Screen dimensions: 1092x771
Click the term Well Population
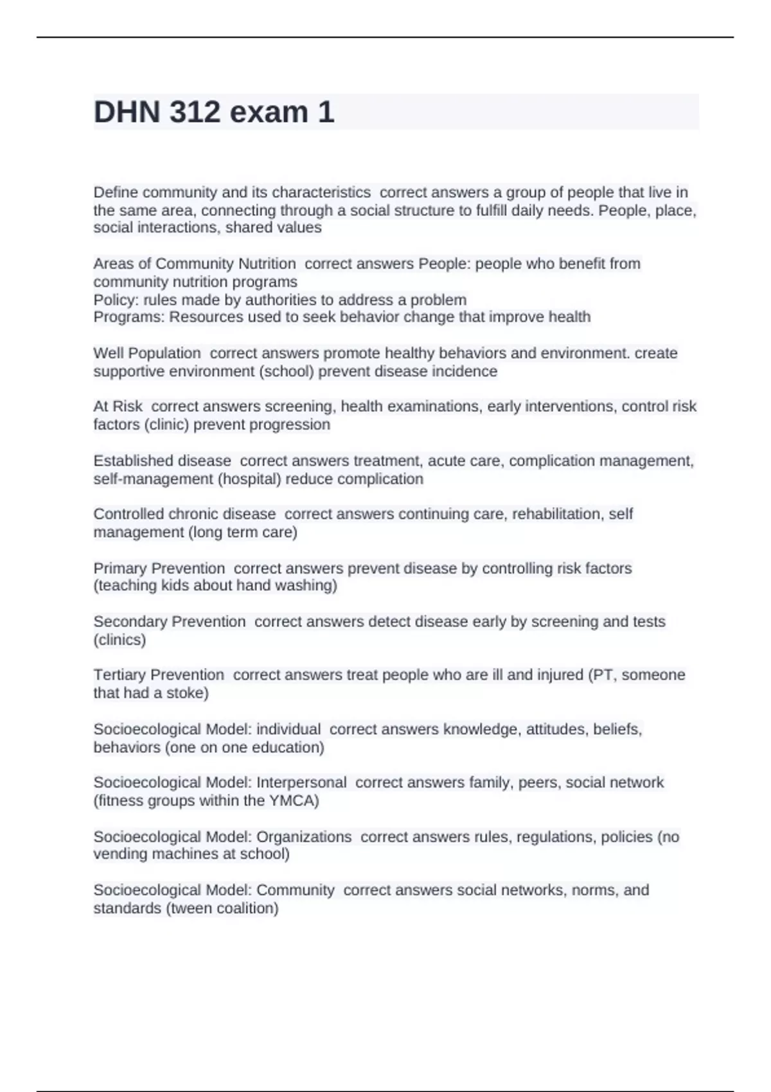click(x=147, y=353)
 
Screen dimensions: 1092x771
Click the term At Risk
click(x=118, y=407)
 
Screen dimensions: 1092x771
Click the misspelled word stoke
click(x=186, y=693)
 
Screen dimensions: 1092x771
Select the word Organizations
click(x=304, y=837)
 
